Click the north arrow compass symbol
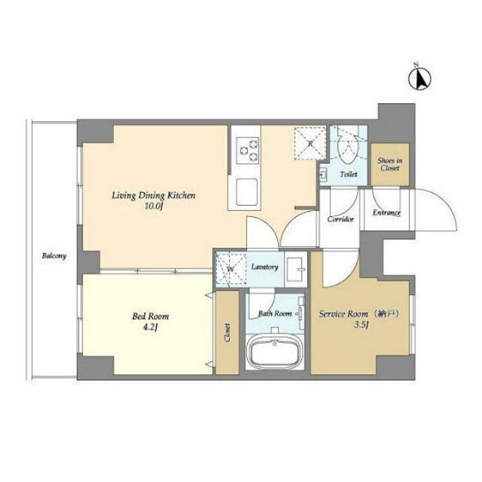419,78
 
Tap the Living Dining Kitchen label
154,195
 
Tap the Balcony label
54,255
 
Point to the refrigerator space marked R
309,142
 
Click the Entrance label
386,213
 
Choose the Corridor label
340,219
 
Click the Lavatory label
264,267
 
